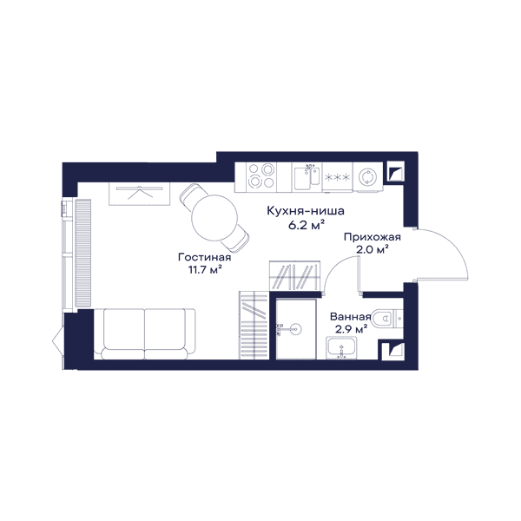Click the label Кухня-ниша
point(306,211)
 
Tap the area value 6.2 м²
point(306,225)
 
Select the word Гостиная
point(205,257)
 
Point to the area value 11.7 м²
point(205,270)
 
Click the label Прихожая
point(373,237)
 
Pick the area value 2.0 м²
point(373,249)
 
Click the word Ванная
point(350,317)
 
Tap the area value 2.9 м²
point(351,329)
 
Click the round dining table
point(214,218)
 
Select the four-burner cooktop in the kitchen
point(261,175)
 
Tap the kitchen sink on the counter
point(307,177)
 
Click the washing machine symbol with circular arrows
point(367,177)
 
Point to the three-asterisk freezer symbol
point(337,177)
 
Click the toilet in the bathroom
point(387,319)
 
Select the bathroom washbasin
point(341,348)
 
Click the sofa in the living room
point(144,334)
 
